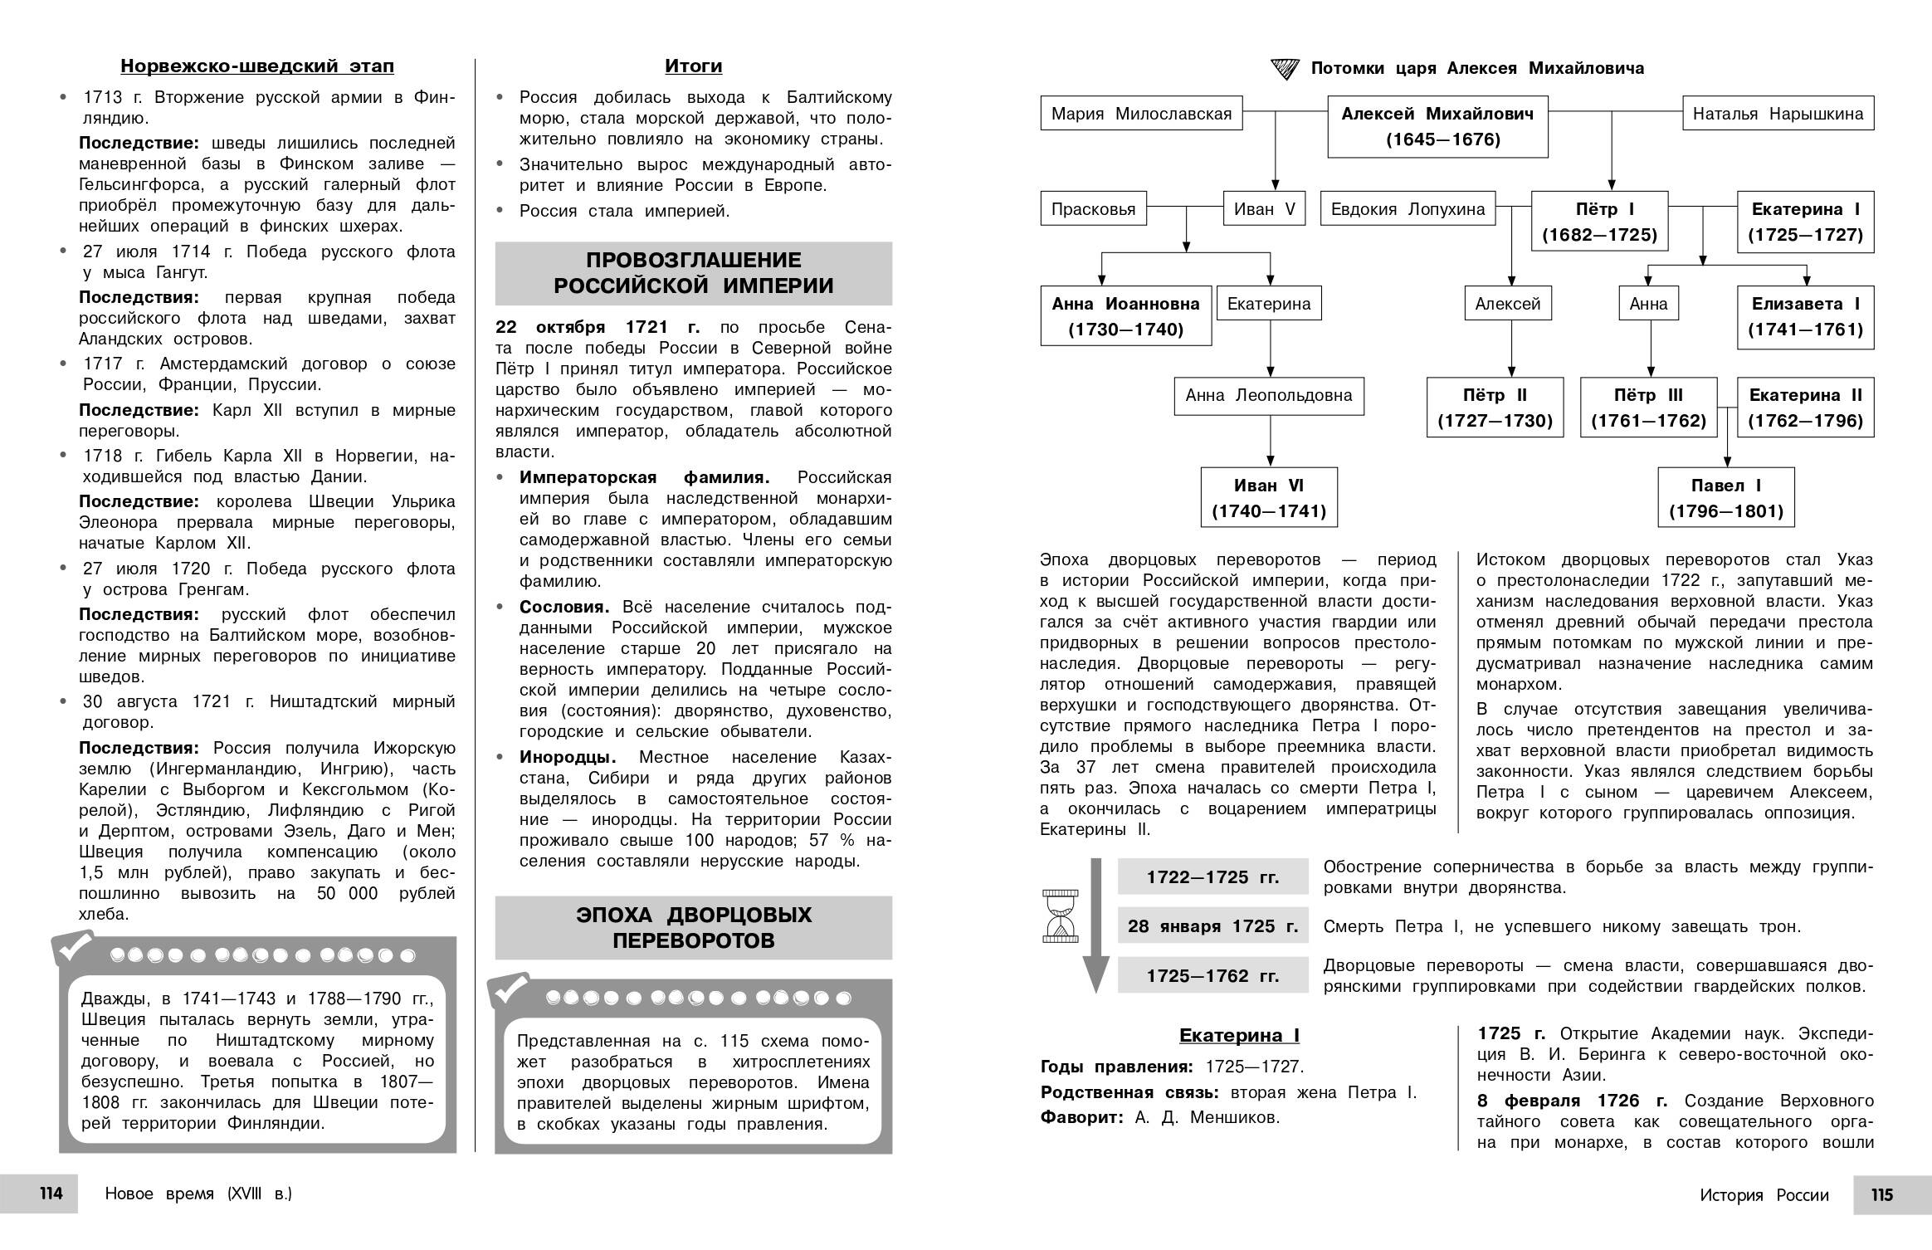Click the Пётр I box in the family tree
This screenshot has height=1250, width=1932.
pos(1599,222)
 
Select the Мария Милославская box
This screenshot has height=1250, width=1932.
pos(1141,114)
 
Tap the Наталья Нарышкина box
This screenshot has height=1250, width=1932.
pos(1778,114)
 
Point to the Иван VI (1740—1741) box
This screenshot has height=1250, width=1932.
pos(1269,498)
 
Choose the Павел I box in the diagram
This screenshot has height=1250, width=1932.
pos(1726,498)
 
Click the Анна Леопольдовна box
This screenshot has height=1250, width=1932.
pos(1269,396)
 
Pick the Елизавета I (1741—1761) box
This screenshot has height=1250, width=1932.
pos(1805,317)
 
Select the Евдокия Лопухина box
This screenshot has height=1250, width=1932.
pos(1408,209)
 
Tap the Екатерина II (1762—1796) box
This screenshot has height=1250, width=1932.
pos(1805,408)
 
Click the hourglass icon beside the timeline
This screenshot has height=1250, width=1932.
pos(1060,916)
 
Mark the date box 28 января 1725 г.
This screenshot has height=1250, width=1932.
pos(1212,926)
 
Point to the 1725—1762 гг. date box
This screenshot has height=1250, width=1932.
pos(1212,976)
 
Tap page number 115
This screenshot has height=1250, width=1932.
pos(1881,1195)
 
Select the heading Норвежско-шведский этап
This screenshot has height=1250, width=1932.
pos(257,66)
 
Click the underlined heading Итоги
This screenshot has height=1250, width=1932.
pos(693,66)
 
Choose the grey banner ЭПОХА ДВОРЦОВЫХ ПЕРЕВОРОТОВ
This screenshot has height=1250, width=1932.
pos(693,928)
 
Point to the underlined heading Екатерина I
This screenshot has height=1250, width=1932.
pos(1239,1036)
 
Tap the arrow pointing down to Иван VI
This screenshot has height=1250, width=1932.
pos(1270,452)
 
